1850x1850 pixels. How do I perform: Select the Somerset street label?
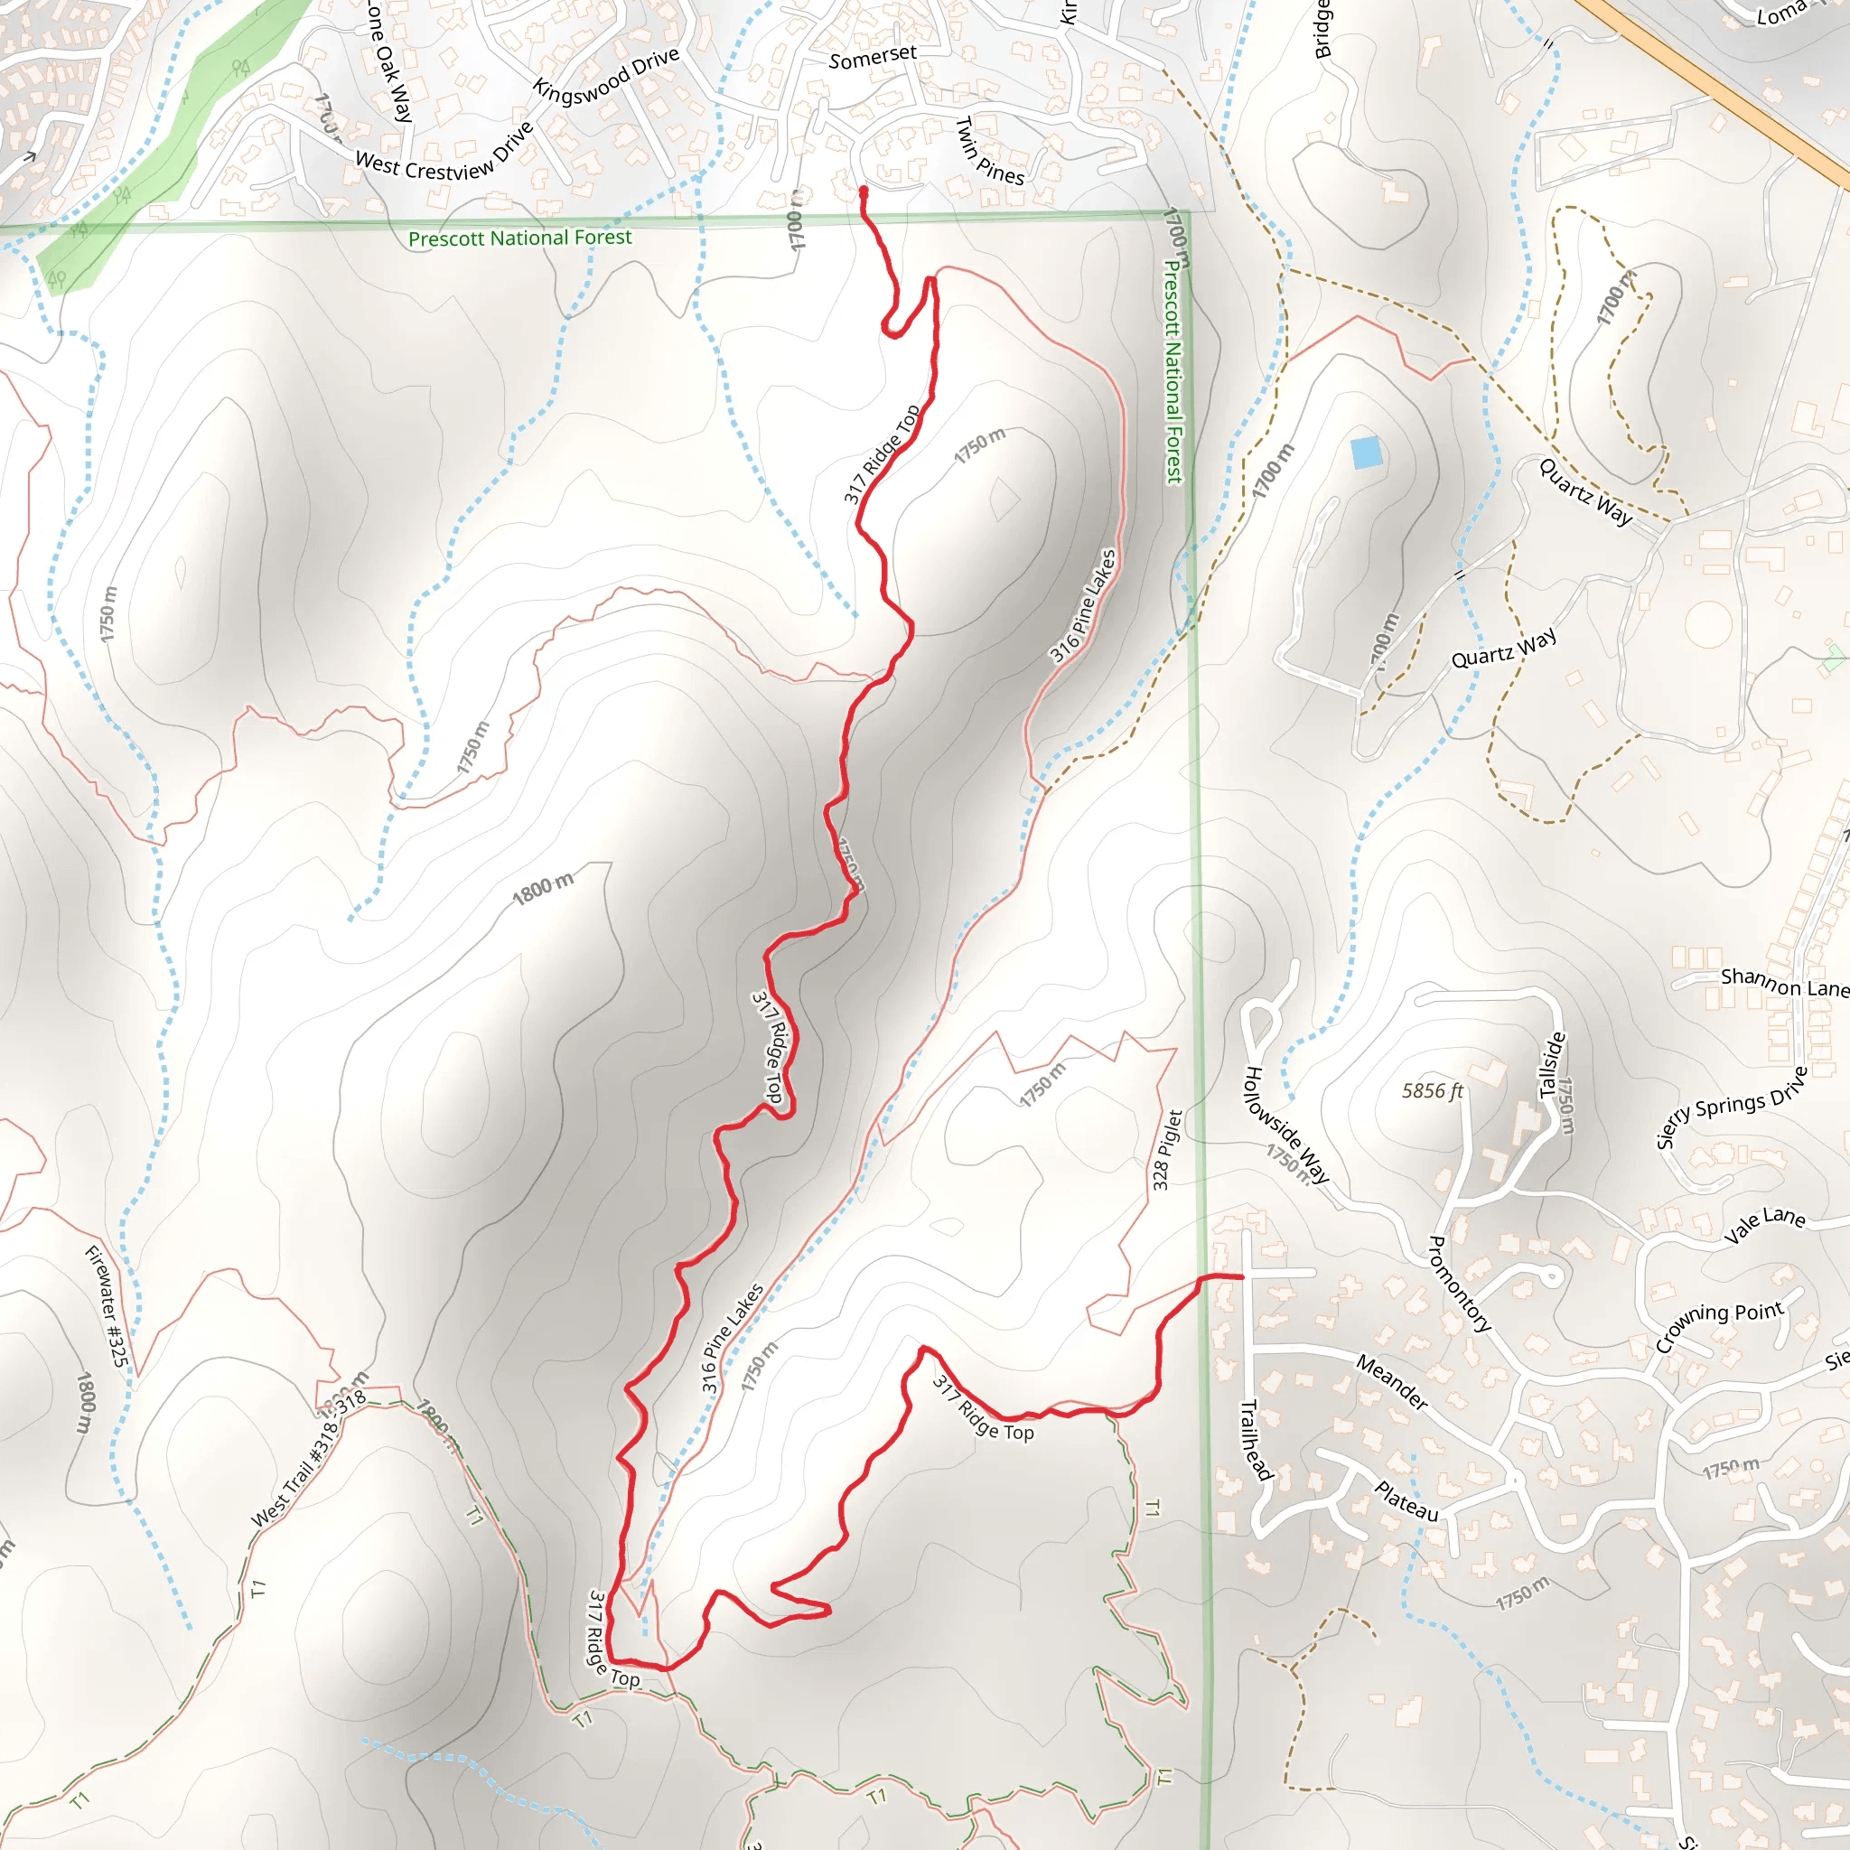[873, 58]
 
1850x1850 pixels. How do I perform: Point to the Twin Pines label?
[990, 151]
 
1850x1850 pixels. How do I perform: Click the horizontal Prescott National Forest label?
[520, 238]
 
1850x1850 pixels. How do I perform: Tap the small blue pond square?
[1367, 452]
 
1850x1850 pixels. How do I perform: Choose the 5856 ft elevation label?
[1433, 1090]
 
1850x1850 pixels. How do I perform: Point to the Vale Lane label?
[1764, 1225]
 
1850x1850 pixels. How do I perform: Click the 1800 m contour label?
[543, 889]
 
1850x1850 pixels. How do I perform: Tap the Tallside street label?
[1552, 1064]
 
